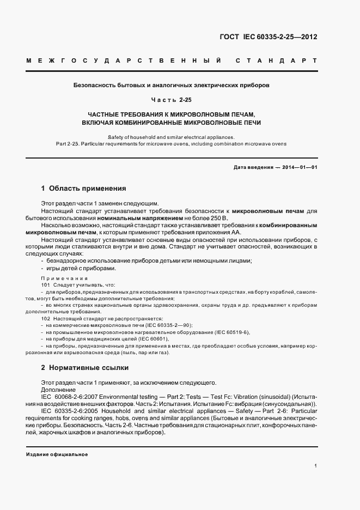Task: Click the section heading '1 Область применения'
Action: click(x=83, y=189)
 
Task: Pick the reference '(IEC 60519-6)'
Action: click(x=231, y=331)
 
